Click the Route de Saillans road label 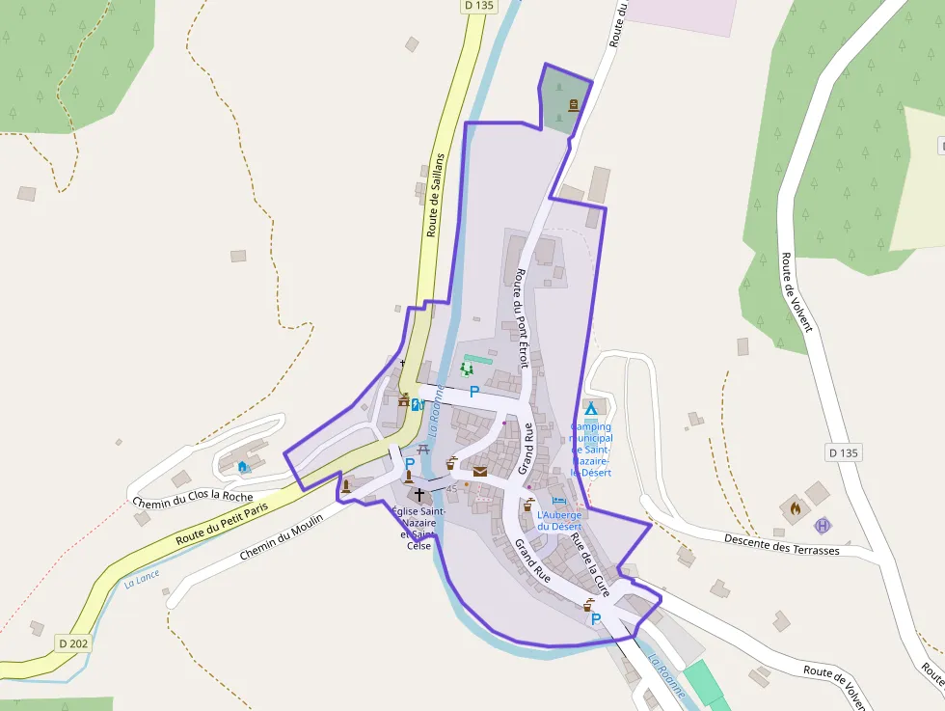436,195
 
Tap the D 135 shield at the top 478,6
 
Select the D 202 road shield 74,643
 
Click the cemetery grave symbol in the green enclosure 574,106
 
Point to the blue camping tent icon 590,409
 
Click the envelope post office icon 479,471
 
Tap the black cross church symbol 418,493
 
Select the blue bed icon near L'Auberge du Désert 558,502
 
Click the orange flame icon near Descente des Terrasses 796,506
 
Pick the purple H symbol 822,526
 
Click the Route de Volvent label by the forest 796,292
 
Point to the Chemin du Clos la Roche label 191,497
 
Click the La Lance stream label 142,579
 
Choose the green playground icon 468,369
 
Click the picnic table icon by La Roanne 422,449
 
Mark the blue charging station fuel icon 417,405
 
